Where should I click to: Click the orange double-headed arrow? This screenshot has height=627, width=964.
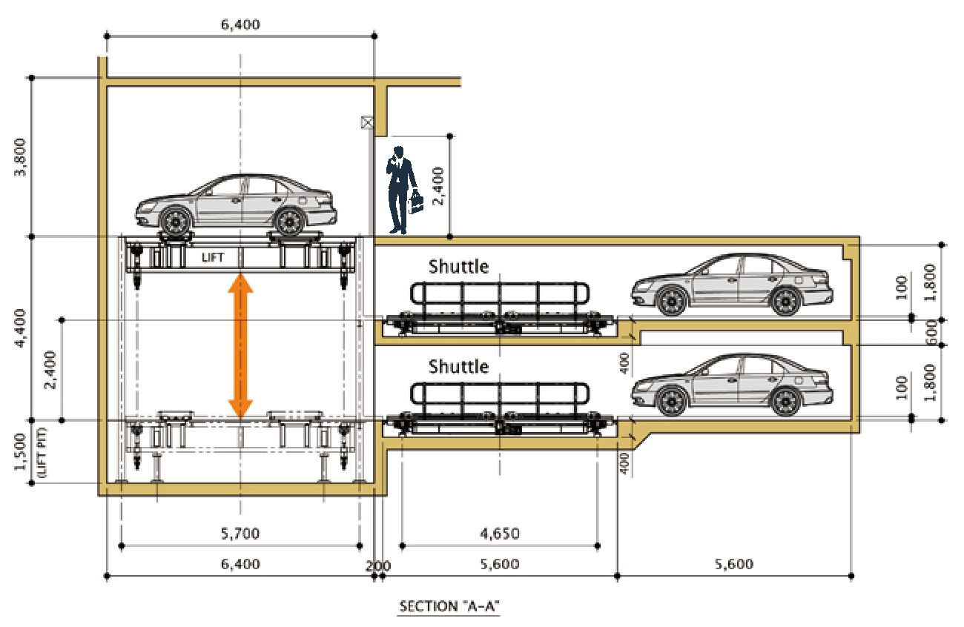pos(240,346)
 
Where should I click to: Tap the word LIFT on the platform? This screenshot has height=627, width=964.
pos(213,258)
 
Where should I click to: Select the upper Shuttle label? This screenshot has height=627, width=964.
pos(458,267)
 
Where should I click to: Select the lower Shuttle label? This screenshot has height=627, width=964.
pos(458,367)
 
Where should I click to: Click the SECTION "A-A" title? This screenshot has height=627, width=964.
pos(449,606)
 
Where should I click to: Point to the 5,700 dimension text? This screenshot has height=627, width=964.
pos(240,534)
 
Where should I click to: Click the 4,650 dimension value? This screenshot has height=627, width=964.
pos(500,534)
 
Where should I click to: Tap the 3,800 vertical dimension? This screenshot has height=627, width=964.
pos(20,157)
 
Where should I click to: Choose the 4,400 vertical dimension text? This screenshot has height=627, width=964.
pos(20,328)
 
